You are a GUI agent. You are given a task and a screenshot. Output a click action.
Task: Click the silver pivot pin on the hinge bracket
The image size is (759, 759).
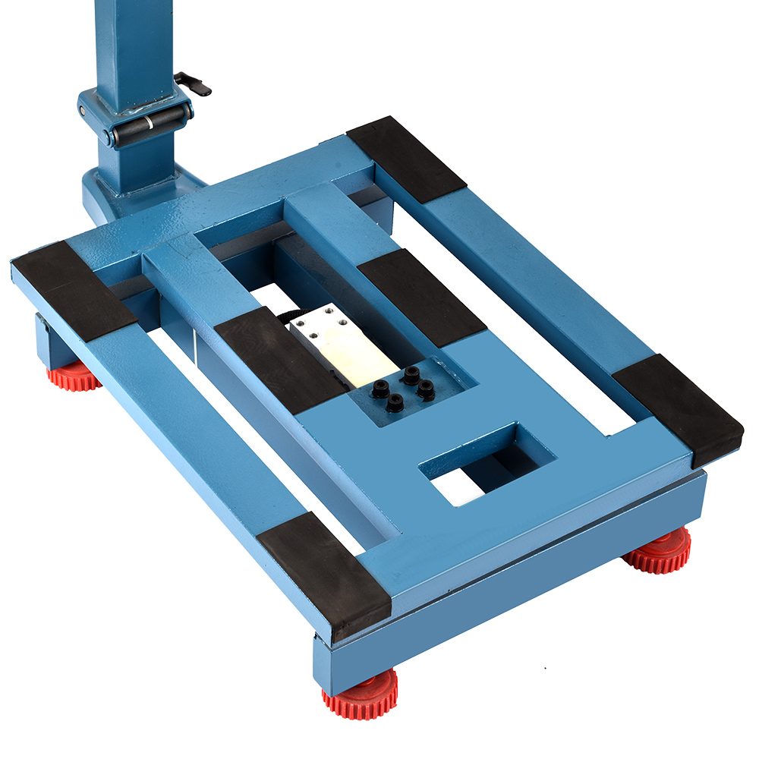pos(82,111)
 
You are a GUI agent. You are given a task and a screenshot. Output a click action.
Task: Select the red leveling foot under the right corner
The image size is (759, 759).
pos(659,552)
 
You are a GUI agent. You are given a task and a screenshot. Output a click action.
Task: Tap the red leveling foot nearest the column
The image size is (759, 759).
pos(74,376)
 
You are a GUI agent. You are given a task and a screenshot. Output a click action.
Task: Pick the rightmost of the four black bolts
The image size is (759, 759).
pos(427,391)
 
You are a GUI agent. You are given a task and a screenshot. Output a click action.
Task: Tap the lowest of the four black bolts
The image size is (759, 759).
pos(395,402)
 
